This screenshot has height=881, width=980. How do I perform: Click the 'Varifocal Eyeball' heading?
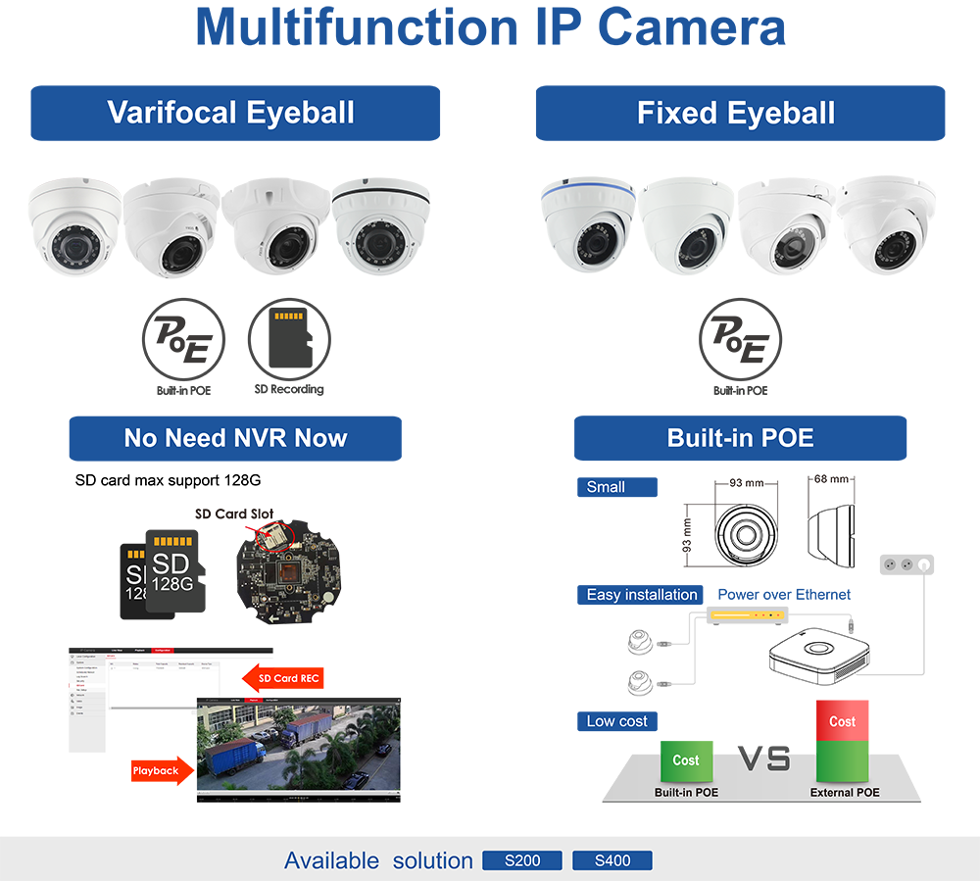230,112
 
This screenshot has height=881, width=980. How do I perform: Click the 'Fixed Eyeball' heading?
735,113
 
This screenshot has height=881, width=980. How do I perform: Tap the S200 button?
522,861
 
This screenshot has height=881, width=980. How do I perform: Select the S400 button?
612,861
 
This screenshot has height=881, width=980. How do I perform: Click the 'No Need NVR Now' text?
235,437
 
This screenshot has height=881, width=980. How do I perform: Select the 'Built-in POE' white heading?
740,437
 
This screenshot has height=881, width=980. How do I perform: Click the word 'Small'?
606,487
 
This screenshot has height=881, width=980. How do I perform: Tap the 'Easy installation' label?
642,595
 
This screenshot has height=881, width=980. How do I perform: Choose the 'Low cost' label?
616,721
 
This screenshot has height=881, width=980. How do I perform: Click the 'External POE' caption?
844,792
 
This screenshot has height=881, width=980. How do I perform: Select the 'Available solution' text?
378,861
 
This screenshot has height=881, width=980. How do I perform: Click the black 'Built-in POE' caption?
686,792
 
